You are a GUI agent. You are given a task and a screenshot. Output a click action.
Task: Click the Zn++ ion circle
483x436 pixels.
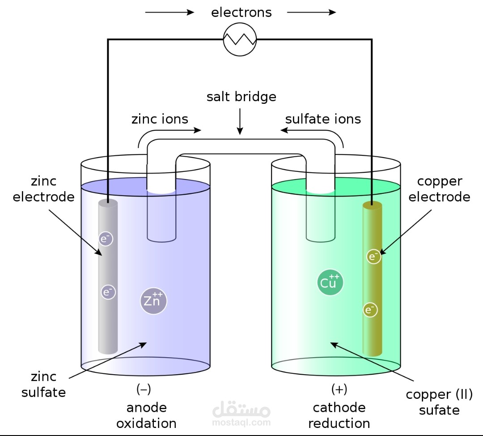(153, 301)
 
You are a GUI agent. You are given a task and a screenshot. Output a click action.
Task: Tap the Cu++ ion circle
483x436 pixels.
(330, 282)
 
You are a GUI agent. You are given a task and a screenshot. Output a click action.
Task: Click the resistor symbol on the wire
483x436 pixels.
(240, 39)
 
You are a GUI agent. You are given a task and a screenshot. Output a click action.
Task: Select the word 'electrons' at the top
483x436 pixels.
(241, 13)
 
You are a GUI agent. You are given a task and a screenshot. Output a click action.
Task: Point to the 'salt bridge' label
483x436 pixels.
(241, 97)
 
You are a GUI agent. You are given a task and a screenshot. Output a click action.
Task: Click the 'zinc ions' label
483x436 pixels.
(160, 119)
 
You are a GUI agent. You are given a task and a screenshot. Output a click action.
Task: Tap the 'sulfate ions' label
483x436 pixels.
(323, 119)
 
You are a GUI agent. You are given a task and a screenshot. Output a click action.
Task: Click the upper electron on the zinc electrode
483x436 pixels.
(106, 239)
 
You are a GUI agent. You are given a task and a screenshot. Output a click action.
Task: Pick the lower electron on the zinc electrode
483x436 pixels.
(108, 292)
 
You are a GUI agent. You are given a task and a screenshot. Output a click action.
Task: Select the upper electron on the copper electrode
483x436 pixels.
(373, 256)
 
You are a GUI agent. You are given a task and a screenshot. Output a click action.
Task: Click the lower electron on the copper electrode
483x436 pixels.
(370, 310)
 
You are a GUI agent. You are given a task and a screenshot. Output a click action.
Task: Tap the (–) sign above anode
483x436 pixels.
(144, 389)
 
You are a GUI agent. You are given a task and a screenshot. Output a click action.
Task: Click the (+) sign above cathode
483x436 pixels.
(339, 389)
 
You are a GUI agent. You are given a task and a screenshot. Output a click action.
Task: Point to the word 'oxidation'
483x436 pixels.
(146, 423)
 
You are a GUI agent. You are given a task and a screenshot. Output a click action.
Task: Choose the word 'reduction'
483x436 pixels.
(339, 423)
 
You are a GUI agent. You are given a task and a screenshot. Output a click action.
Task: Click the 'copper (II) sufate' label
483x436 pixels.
(439, 402)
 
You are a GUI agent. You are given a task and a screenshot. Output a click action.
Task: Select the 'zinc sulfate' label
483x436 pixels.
(43, 385)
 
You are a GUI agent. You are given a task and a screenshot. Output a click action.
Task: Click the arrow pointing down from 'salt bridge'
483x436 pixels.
(240, 121)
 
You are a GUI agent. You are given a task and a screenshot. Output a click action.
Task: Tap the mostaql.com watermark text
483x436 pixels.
(241, 422)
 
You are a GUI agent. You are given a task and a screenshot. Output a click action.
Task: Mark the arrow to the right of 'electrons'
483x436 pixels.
(311, 13)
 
